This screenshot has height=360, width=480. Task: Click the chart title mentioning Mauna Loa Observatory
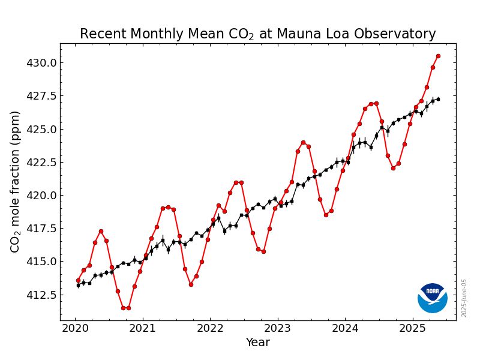[257, 34]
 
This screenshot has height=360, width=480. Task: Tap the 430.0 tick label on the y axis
[40, 63]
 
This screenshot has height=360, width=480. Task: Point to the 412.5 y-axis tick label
[40, 295]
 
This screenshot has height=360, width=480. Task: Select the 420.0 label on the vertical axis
[40, 196]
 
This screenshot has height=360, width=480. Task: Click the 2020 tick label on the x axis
[75, 328]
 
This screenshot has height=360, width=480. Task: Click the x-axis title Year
[257, 343]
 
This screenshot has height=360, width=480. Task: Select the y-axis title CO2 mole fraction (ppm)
[16, 181]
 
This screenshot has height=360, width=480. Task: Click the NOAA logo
[433, 298]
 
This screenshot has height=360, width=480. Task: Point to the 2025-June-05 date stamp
[464, 298]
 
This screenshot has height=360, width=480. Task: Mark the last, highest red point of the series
[438, 56]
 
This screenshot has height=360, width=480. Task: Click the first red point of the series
[78, 280]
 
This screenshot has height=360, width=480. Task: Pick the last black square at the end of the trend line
[438, 99]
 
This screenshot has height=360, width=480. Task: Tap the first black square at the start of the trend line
[78, 285]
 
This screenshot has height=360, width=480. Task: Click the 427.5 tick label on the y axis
[40, 96]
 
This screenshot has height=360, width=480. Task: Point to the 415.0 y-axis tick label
[40, 262]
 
